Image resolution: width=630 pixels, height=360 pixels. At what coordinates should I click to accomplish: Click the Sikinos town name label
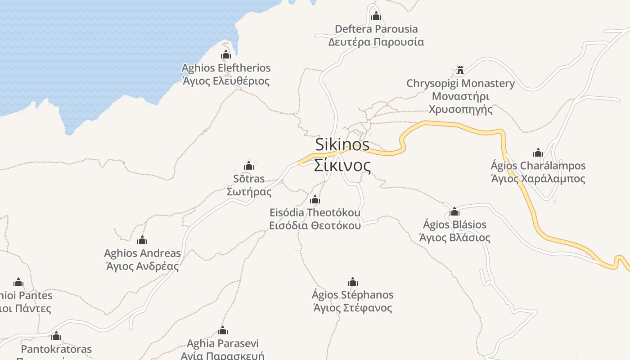(x=342, y=145)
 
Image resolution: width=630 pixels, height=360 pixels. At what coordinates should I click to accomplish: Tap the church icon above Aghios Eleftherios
(x=226, y=55)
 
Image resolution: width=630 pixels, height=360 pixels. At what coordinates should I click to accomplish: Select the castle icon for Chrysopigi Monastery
(x=460, y=70)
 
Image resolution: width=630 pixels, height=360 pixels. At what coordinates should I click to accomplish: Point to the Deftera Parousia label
(x=376, y=29)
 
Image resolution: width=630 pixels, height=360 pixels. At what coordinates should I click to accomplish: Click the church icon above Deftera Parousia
(x=376, y=17)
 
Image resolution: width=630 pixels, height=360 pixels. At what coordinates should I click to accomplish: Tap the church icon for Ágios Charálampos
(x=538, y=153)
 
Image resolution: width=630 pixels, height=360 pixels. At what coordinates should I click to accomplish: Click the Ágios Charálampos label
(x=538, y=166)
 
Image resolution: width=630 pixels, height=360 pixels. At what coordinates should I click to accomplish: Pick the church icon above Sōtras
(x=249, y=166)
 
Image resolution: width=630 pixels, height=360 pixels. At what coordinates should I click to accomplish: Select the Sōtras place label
(x=249, y=179)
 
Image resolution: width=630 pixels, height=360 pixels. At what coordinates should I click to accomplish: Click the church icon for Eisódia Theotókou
(x=315, y=199)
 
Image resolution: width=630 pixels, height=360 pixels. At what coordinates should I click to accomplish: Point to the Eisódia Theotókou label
(x=315, y=212)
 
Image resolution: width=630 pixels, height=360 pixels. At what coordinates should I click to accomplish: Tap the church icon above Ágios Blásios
(x=454, y=211)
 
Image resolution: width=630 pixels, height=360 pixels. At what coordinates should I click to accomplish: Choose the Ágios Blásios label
(x=454, y=225)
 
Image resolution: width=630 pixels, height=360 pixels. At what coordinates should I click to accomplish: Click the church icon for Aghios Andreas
(x=142, y=240)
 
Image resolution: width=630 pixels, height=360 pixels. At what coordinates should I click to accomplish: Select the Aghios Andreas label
(x=142, y=253)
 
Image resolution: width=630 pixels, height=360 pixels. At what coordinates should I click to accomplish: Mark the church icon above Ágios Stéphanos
(x=353, y=282)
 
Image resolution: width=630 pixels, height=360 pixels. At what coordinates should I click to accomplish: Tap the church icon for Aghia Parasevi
(x=223, y=331)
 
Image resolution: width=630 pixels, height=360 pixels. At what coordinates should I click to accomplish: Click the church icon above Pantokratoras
(x=56, y=336)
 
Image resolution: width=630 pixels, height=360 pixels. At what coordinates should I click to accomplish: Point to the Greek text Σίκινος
(x=342, y=166)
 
